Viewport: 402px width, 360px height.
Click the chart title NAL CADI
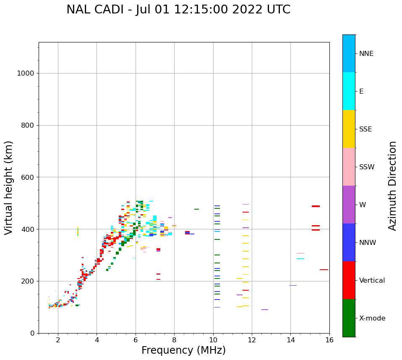[x=178, y=10]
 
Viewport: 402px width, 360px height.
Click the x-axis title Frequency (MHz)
[x=183, y=350]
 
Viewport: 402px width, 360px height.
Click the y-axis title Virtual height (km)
[x=9, y=188]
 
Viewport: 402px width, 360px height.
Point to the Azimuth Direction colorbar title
[x=392, y=186]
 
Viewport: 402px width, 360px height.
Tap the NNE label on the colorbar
[x=366, y=54]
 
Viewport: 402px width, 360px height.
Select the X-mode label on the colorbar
[x=372, y=318]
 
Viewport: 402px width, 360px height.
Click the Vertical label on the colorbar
[x=372, y=281]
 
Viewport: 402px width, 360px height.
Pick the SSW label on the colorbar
[x=366, y=167]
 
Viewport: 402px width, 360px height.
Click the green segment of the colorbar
[x=349, y=318]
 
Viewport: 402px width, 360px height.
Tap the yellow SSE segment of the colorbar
[x=349, y=129]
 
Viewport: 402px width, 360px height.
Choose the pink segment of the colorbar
[x=349, y=167]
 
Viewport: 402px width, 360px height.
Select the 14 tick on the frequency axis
[x=290, y=339]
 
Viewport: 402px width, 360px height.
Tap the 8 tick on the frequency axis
[x=174, y=339]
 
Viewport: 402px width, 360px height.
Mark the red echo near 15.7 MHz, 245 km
[x=324, y=270]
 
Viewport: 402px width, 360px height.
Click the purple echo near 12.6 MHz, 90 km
[x=264, y=310]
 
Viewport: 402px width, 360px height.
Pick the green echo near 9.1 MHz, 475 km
[x=196, y=209]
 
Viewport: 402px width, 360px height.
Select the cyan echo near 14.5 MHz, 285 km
[x=300, y=259]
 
